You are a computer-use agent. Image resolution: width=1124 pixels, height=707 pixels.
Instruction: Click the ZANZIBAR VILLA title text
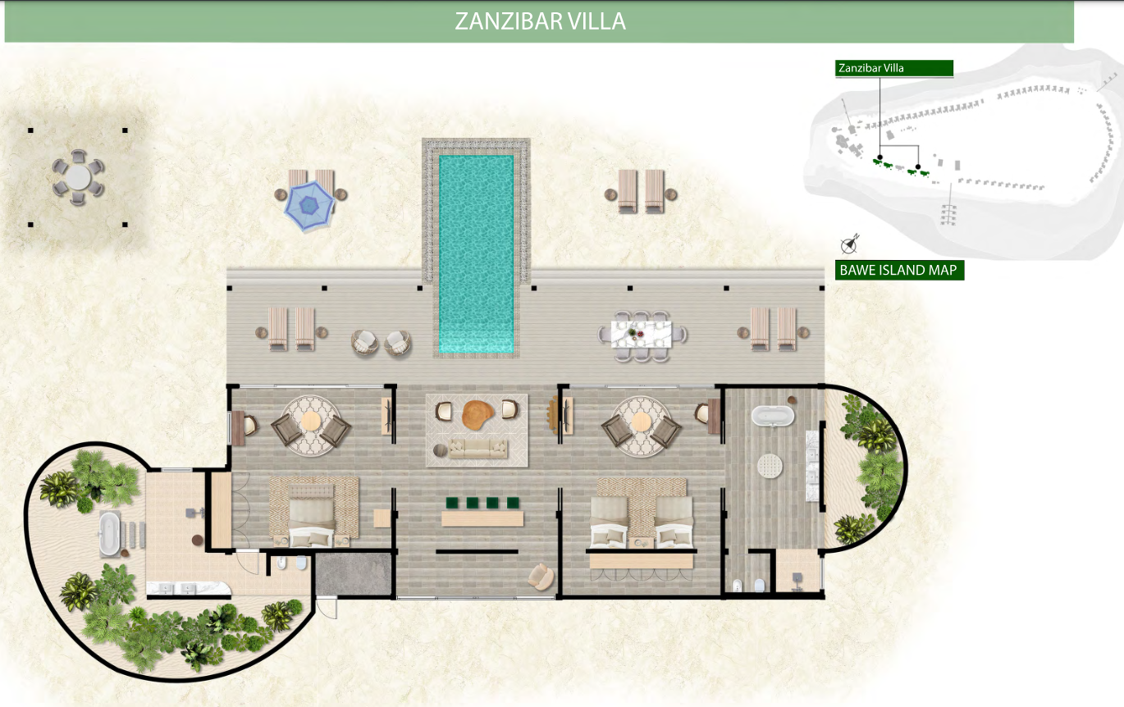(540, 21)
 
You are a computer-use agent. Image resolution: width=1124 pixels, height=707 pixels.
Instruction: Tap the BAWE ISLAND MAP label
(898, 270)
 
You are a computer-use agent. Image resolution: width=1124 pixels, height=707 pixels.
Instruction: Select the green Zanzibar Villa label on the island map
(893, 68)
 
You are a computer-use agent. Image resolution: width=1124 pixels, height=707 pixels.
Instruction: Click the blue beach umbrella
(309, 206)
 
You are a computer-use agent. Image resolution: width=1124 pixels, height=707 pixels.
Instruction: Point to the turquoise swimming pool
(476, 253)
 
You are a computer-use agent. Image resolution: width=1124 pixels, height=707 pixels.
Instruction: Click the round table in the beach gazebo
(78, 178)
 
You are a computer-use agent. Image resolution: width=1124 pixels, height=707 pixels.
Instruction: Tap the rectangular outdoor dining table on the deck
(642, 335)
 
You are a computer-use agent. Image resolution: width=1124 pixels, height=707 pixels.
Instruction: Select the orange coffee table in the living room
(477, 414)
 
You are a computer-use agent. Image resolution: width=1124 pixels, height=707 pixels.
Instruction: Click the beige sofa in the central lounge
(477, 448)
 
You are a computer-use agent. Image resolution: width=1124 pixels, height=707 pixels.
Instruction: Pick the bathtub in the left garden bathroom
(109, 534)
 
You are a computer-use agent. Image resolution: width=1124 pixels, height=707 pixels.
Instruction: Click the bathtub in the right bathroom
(773, 416)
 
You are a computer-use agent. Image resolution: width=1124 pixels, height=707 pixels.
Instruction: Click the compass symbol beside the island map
(849, 244)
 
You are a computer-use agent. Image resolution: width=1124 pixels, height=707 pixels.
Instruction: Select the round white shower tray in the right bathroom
(770, 466)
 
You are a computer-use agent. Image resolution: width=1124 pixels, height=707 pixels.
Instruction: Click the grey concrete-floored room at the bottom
(353, 574)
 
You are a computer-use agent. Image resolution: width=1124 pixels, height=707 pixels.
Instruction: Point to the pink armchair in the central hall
(541, 576)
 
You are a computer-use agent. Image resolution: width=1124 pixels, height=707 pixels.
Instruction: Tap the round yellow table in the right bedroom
(641, 422)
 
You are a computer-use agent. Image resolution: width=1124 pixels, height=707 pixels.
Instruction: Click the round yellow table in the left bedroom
(311, 421)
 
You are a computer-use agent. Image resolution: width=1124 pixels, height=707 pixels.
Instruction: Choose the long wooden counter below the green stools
(482, 518)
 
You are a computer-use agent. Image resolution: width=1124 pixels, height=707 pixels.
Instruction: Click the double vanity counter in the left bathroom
(189, 588)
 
